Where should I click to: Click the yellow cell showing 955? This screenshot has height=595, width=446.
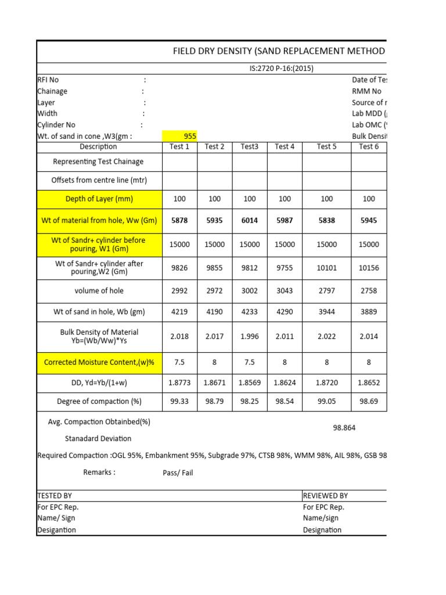[190, 136]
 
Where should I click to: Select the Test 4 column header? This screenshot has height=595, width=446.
[285, 146]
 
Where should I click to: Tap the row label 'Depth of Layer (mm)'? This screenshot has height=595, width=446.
[99, 199]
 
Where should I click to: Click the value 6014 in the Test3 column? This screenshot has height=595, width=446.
[250, 221]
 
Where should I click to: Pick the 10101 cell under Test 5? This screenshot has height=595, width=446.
[327, 268]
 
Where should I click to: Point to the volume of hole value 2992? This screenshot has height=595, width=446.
[179, 291]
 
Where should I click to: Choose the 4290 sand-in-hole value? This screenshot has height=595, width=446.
[285, 311]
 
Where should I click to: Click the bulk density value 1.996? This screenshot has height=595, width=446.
[250, 336]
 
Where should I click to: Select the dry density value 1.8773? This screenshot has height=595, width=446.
[179, 384]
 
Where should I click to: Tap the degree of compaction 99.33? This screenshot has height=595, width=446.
[179, 402]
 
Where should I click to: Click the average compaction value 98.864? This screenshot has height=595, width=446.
[344, 428]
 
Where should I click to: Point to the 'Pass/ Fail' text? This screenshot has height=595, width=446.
[178, 473]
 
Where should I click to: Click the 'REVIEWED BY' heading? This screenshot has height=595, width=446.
[325, 496]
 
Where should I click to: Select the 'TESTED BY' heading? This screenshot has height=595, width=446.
[55, 496]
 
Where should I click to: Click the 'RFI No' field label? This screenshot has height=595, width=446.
[48, 80]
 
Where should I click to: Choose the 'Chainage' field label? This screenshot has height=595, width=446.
[52, 91]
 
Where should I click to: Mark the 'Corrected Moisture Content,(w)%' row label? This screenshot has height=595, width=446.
[99, 363]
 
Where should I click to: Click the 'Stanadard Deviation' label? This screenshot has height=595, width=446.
[98, 439]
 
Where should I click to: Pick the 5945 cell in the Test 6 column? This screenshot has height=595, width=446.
[369, 221]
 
